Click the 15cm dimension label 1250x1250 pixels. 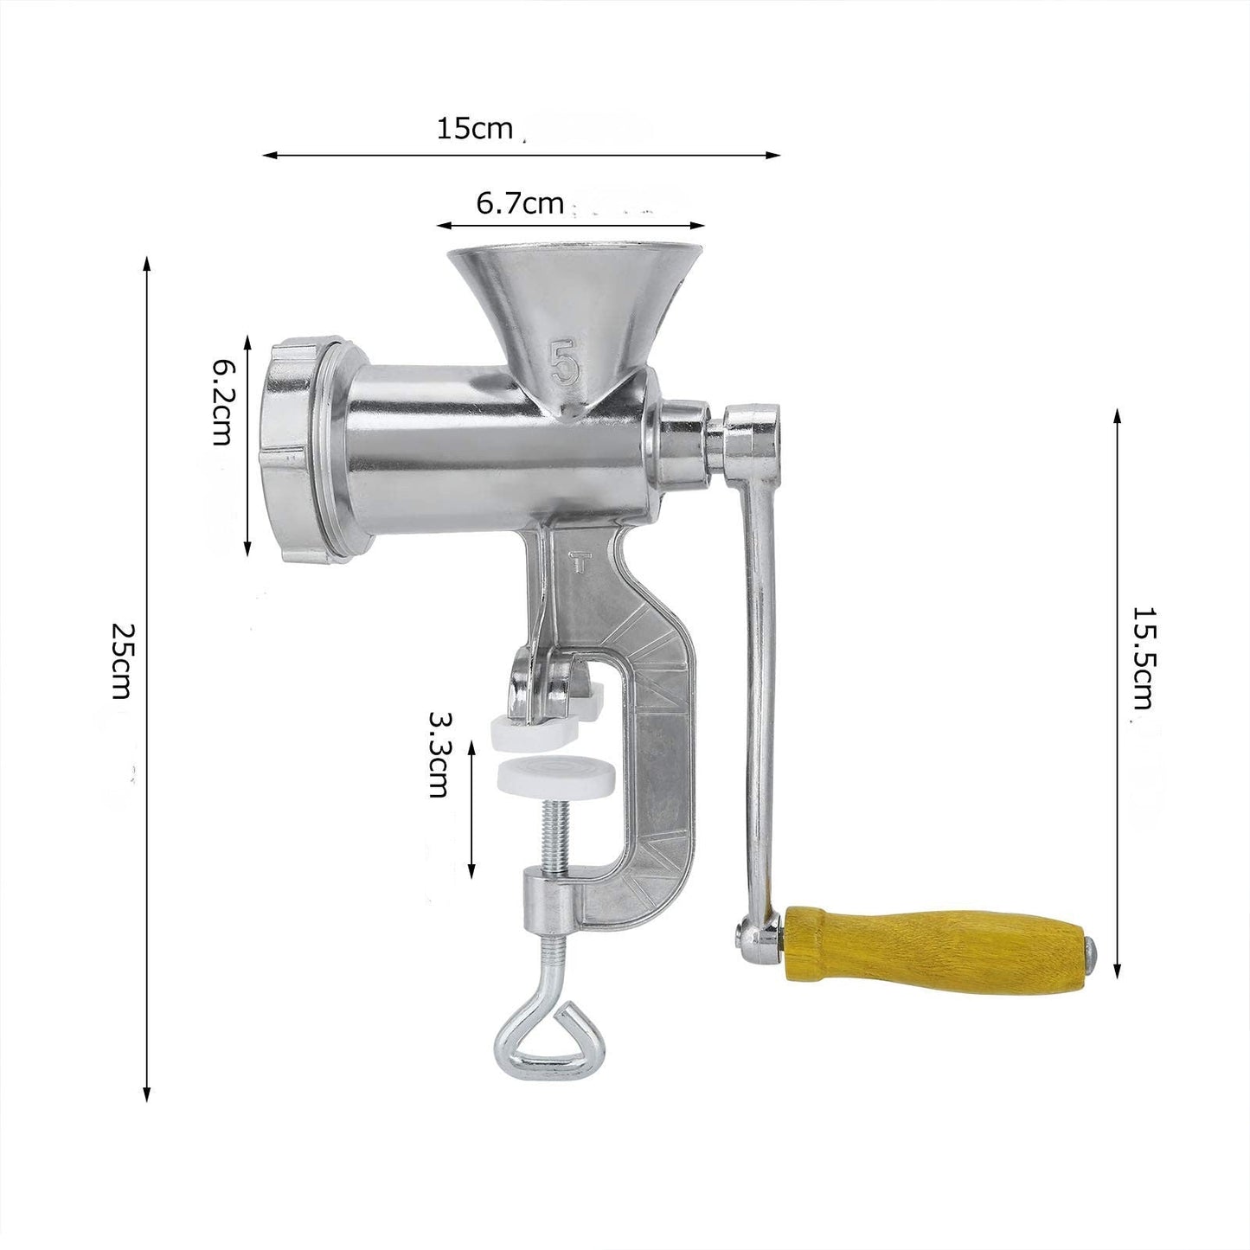[x=474, y=128]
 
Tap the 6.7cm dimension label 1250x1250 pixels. [x=520, y=203]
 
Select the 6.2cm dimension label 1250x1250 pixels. [x=221, y=402]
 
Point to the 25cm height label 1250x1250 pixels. [x=121, y=661]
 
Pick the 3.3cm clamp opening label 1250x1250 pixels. [x=439, y=755]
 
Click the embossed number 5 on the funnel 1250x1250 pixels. [x=564, y=364]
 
